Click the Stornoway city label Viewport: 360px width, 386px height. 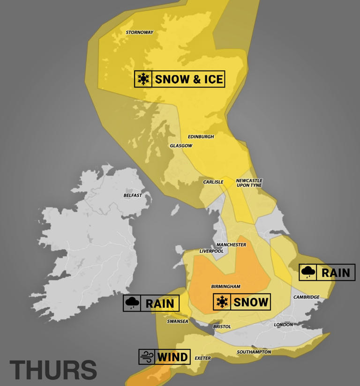(140, 32)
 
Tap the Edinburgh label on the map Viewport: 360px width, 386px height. (201, 137)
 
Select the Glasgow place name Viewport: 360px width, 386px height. (181, 146)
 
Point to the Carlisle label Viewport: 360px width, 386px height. (213, 182)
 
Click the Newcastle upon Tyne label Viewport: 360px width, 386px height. (249, 183)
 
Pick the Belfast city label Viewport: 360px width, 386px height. (133, 195)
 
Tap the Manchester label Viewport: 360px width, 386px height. (231, 245)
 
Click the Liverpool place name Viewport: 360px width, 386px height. (211, 251)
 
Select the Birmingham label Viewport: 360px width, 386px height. (225, 286)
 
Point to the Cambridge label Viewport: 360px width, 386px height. (306, 297)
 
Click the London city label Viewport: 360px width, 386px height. (283, 325)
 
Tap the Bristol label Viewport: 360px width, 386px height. (222, 327)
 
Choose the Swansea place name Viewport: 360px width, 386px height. (178, 321)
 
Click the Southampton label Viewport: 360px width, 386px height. (254, 352)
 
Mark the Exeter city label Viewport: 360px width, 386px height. (202, 358)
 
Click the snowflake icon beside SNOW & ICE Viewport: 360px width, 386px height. (143, 79)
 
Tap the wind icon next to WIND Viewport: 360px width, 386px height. (146, 357)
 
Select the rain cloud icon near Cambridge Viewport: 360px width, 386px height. (308, 272)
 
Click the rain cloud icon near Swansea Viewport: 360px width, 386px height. (132, 303)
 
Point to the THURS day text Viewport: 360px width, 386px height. (53, 370)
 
